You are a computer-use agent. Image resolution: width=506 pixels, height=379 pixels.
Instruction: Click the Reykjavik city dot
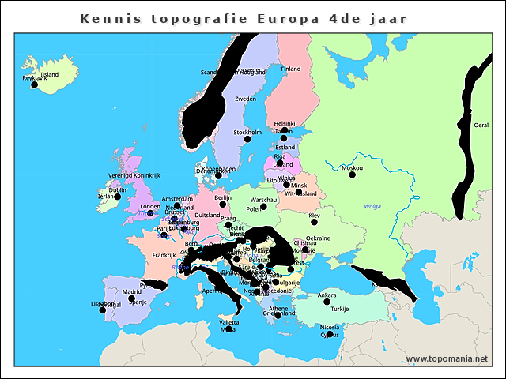(x=34, y=84)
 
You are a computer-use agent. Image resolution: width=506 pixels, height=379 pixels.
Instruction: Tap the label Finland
(x=291, y=69)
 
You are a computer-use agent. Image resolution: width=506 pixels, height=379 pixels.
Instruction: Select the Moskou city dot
(x=353, y=174)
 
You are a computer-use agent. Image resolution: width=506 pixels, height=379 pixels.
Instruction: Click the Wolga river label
(x=372, y=206)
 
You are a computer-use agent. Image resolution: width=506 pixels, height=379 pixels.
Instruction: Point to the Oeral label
(x=481, y=125)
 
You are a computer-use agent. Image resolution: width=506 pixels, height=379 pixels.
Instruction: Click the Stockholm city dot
(x=247, y=139)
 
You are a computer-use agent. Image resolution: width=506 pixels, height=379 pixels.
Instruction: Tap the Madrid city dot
(x=131, y=299)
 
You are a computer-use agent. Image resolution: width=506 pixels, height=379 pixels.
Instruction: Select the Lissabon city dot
(x=103, y=310)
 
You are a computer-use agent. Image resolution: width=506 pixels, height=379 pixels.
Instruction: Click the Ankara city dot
(x=327, y=302)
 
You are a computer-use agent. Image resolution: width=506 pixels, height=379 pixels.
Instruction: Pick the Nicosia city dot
(x=330, y=335)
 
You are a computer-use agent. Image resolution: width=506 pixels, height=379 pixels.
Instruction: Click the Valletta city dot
(x=228, y=328)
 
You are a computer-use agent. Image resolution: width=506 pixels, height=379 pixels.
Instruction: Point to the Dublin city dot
(x=118, y=197)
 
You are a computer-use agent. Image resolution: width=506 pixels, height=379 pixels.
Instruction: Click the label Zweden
(x=246, y=99)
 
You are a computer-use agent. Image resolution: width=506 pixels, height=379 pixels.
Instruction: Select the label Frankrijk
(x=164, y=255)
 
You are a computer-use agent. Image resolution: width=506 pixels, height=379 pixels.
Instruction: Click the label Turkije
(x=340, y=309)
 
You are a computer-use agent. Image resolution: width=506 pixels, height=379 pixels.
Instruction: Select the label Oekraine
(x=318, y=238)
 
